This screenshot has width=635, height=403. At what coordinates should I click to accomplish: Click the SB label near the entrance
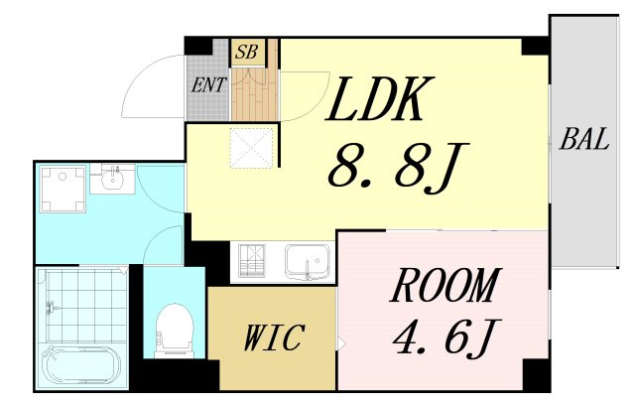[x=247, y=53]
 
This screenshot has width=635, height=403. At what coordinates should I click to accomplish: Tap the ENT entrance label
[x=208, y=84]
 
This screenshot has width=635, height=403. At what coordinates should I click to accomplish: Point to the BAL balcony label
[x=584, y=139]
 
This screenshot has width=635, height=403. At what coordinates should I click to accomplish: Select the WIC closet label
[x=275, y=337]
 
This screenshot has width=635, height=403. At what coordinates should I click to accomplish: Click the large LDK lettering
[x=379, y=99]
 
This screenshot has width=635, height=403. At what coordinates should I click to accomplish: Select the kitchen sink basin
[x=308, y=261]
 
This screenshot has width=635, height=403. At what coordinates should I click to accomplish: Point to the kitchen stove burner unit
[x=252, y=261]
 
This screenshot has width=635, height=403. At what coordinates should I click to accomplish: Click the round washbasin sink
[x=112, y=179]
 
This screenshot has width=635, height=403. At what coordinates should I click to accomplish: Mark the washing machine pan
[x=63, y=189]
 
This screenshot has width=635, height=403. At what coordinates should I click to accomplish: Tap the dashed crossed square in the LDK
[x=252, y=148]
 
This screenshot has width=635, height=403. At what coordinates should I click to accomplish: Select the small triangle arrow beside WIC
[x=341, y=344]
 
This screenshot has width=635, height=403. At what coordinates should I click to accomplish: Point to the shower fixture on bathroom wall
[x=52, y=308]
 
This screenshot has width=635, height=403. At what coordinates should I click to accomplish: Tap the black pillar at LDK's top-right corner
[x=535, y=46]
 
